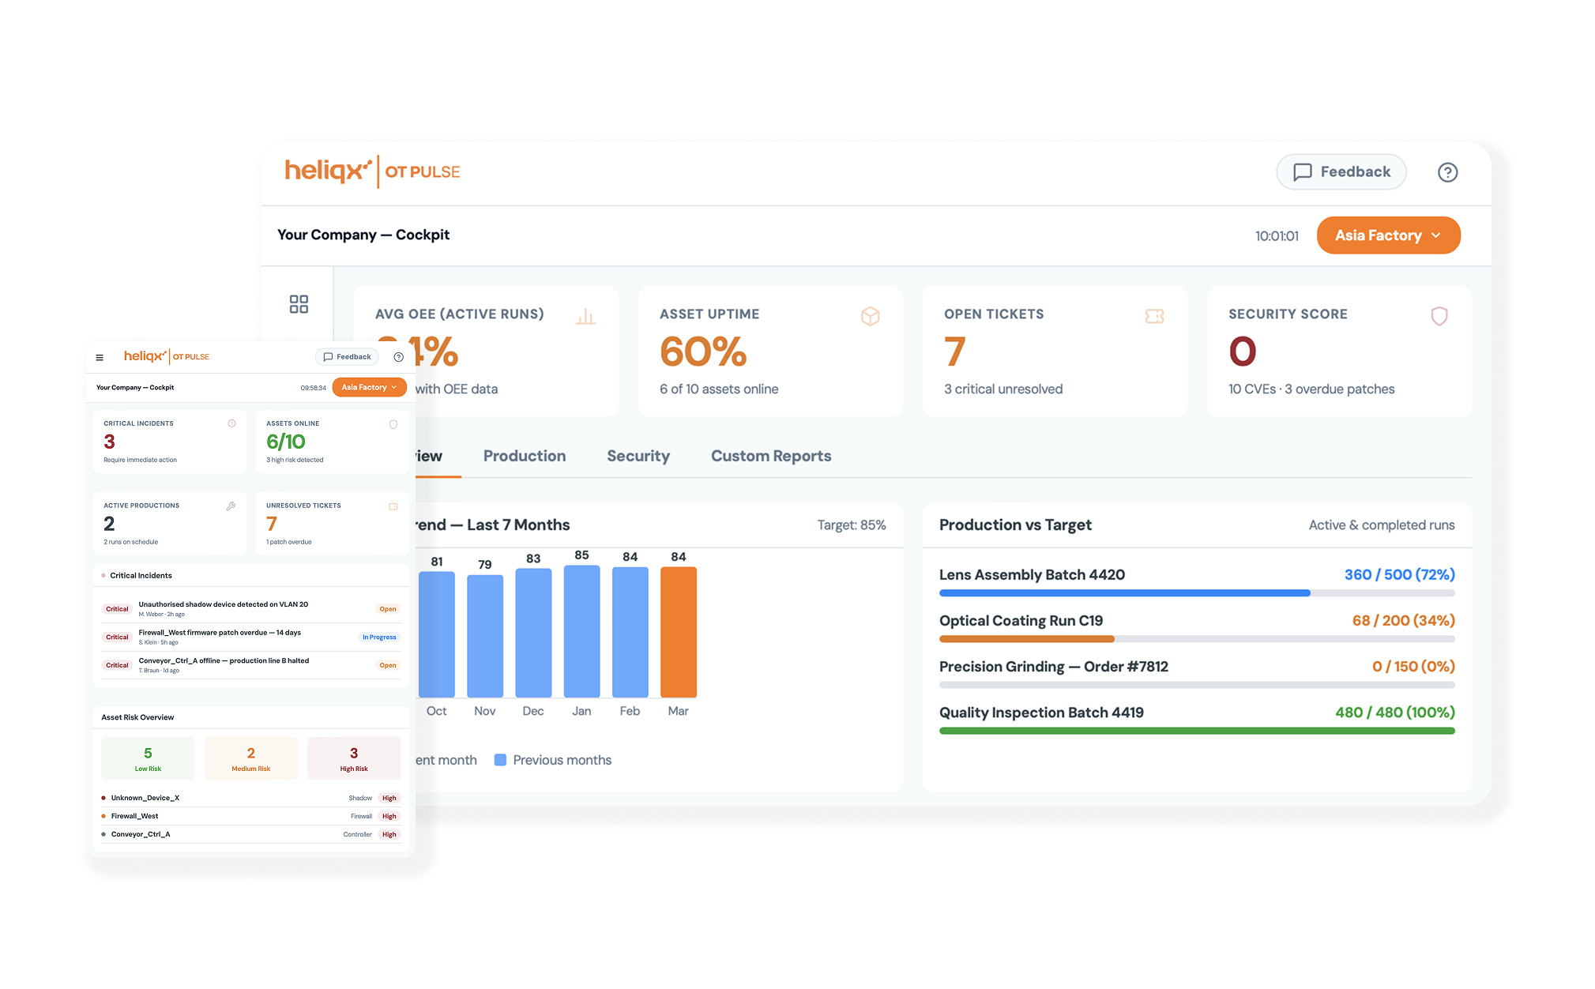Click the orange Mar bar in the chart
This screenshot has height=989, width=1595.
(x=678, y=632)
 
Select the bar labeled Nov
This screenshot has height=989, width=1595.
(x=484, y=636)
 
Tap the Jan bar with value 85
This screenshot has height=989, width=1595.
(x=581, y=631)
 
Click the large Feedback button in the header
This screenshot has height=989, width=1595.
(x=1341, y=172)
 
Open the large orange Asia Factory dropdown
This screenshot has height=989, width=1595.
(x=1387, y=235)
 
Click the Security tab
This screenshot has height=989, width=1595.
(x=638, y=456)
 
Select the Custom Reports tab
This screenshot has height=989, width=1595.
(x=770, y=456)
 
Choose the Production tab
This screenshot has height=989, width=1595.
(x=524, y=456)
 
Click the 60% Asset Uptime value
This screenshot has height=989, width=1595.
(x=702, y=352)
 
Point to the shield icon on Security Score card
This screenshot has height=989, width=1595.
(x=1439, y=316)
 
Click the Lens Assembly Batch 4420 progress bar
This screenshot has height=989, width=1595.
(x=1196, y=592)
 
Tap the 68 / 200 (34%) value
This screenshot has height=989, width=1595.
(x=1402, y=621)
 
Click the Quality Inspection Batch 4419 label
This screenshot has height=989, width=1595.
(x=1040, y=713)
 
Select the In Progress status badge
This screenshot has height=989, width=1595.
(x=379, y=637)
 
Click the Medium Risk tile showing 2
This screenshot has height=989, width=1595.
(x=250, y=758)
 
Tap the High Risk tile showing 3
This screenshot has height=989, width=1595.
(x=353, y=758)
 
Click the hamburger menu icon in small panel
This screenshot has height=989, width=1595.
(x=100, y=357)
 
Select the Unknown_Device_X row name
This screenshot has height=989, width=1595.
(x=145, y=798)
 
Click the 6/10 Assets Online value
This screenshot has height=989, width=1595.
(x=285, y=442)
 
